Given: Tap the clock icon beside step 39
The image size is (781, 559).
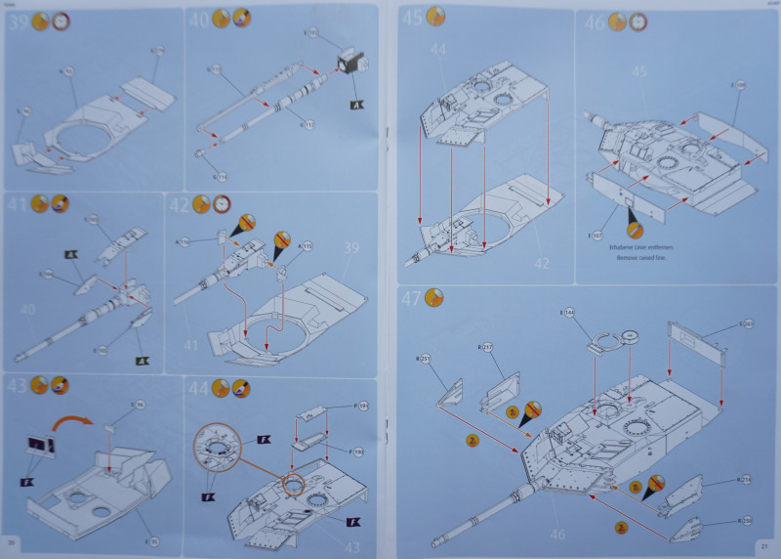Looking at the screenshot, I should pyautogui.click(x=61, y=20).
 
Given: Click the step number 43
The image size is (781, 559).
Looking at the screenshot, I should pyautogui.click(x=16, y=386).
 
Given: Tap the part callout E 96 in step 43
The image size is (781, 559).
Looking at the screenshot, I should pyautogui.click(x=138, y=405).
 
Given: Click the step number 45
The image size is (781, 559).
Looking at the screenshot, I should pyautogui.click(x=413, y=17).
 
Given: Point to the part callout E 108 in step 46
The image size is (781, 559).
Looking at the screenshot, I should pyautogui.click(x=740, y=87).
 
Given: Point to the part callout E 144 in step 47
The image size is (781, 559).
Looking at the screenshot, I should pyautogui.click(x=568, y=313).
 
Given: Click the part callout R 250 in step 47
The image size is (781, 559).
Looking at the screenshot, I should pyautogui.click(x=747, y=519).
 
